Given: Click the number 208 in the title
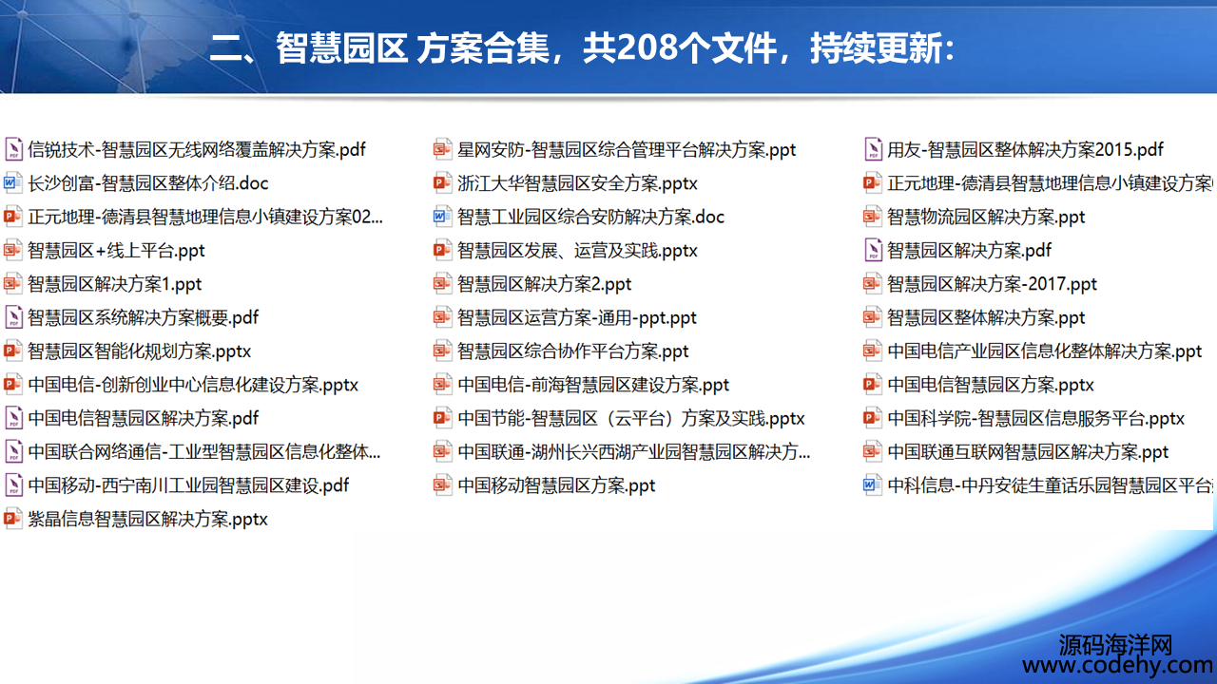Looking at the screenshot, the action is pyautogui.click(x=647, y=47).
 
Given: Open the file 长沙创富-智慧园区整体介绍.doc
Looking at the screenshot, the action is pyautogui.click(x=148, y=183).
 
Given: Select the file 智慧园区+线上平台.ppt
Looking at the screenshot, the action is pyautogui.click(x=116, y=251).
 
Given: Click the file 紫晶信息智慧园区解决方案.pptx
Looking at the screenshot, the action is pyautogui.click(x=147, y=520).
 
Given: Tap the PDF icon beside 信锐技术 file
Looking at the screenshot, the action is pyautogui.click(x=13, y=149).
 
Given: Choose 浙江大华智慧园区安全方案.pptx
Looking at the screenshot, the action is pyautogui.click(x=577, y=183).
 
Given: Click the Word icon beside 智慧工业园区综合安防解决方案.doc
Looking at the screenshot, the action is pyautogui.click(x=442, y=218).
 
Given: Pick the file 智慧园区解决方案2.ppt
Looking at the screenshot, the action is pyautogui.click(x=545, y=284).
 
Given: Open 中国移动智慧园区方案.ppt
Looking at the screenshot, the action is pyautogui.click(x=556, y=485).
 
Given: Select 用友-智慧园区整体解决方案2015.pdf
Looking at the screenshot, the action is pyautogui.click(x=1025, y=150).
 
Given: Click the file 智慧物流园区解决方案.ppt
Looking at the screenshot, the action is pyautogui.click(x=986, y=218).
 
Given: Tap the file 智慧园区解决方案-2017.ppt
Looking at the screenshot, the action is pyautogui.click(x=992, y=284).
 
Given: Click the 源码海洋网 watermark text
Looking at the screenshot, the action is pyautogui.click(x=1115, y=644).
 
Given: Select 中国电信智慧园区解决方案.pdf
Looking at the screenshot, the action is pyautogui.click(x=144, y=419).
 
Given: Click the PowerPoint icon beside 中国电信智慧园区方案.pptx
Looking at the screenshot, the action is pyautogui.click(x=872, y=385).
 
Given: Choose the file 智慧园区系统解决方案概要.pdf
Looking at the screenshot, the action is pyautogui.click(x=144, y=318).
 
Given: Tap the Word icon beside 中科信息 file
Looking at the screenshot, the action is pyautogui.click(x=872, y=485).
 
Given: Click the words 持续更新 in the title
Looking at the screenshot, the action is pyautogui.click(x=876, y=47).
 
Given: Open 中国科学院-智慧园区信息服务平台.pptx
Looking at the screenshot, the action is pyautogui.click(x=1036, y=419).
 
